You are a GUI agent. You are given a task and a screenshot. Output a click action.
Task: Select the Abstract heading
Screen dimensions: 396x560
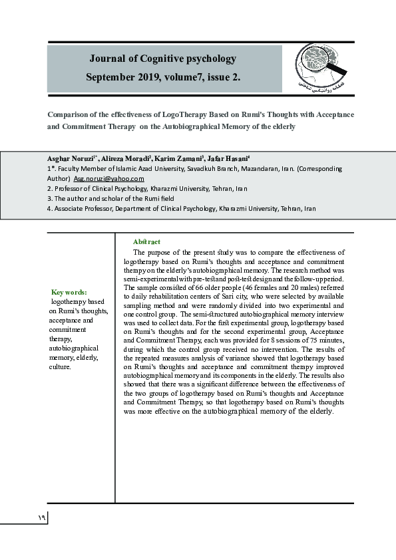pos(146,241)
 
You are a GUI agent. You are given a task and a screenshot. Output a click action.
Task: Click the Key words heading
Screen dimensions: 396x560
pos(69,292)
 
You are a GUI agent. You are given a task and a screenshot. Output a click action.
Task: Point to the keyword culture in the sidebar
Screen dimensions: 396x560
pos(60,366)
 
